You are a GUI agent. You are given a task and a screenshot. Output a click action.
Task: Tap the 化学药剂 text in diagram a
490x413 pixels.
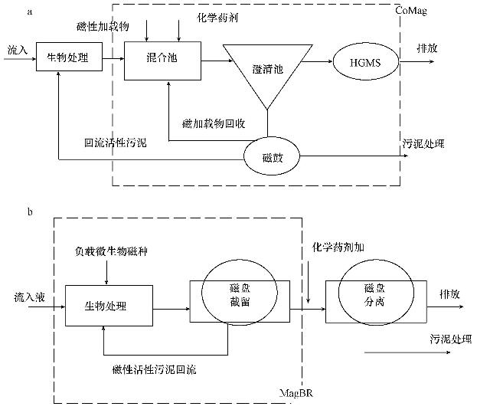coord(217,15)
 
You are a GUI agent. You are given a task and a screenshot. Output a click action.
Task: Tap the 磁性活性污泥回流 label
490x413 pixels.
coord(154,370)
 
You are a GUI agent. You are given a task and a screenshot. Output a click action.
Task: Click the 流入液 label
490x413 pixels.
coord(29,296)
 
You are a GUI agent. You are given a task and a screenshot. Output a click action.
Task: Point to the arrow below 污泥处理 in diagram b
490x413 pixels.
coord(392,353)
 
